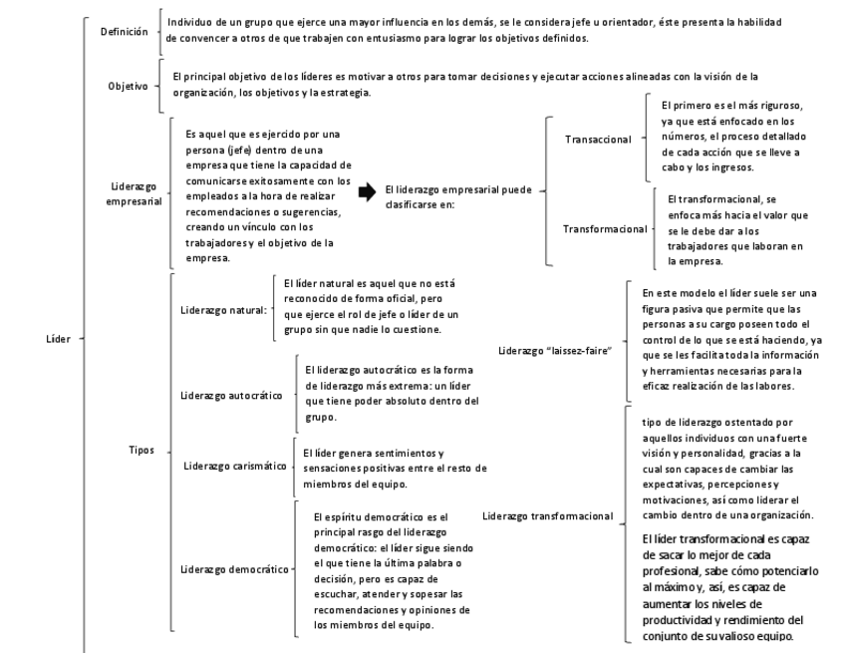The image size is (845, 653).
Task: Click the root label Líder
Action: click(58, 339)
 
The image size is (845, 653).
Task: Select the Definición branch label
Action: click(124, 32)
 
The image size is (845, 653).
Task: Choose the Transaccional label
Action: click(598, 139)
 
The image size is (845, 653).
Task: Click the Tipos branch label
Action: click(141, 450)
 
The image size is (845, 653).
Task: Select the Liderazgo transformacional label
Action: click(547, 516)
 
